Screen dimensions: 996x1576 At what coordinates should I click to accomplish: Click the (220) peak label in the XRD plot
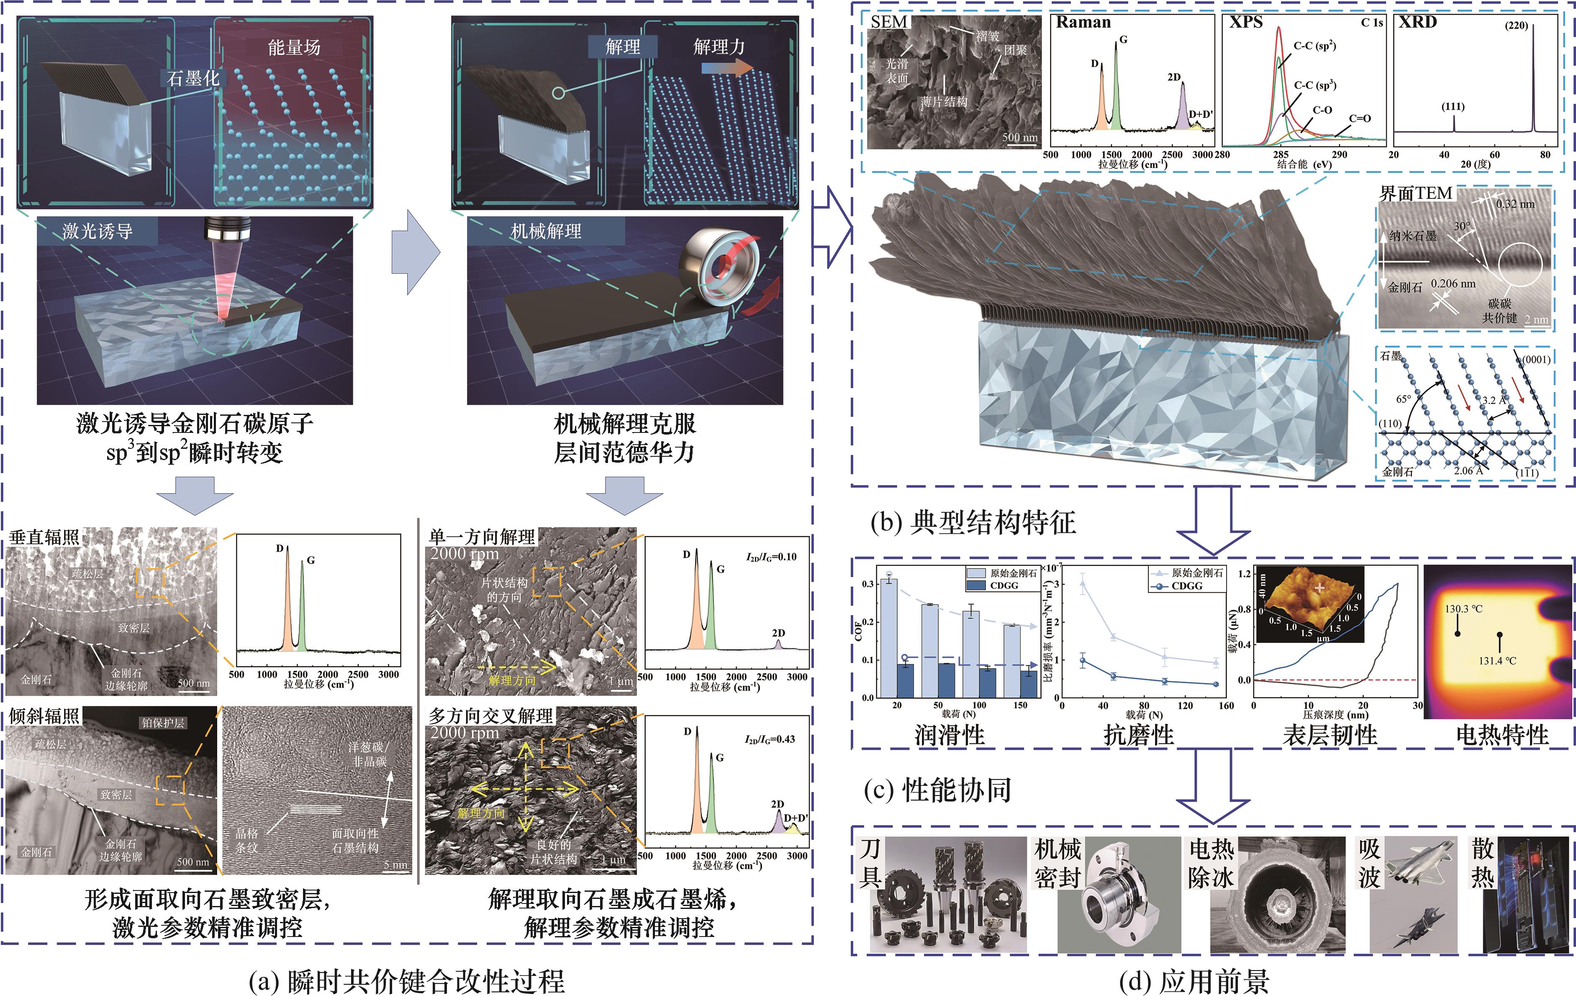(x=1516, y=26)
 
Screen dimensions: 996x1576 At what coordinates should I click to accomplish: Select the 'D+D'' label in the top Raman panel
(x=1200, y=115)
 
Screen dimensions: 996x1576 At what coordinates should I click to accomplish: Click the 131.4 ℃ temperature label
(x=1497, y=661)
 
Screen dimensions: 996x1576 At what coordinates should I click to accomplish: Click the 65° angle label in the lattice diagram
(x=1403, y=399)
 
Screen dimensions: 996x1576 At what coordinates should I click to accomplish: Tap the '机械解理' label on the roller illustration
(x=545, y=231)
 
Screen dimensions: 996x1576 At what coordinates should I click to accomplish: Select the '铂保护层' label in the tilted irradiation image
(x=163, y=723)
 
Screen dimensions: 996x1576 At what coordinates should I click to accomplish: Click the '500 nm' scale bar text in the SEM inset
(x=1020, y=137)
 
